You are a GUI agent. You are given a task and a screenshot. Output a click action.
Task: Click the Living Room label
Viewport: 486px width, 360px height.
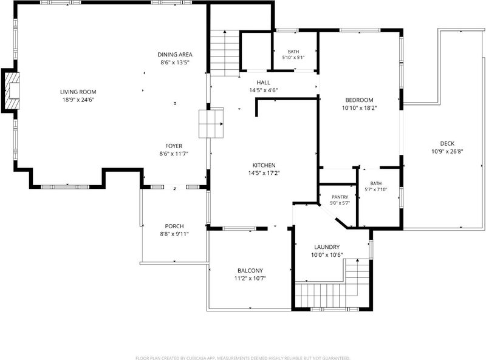click(x=78, y=92)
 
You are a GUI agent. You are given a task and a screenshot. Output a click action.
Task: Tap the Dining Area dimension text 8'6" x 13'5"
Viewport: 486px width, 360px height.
click(x=175, y=63)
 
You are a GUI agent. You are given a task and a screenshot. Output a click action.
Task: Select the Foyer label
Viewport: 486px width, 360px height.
click(x=174, y=146)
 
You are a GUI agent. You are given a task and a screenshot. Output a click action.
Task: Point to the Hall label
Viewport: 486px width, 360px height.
click(x=263, y=83)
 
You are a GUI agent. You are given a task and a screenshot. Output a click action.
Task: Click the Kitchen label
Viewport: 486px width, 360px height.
click(x=264, y=165)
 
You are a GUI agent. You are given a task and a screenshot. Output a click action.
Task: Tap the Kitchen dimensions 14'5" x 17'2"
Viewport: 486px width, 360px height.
click(x=264, y=173)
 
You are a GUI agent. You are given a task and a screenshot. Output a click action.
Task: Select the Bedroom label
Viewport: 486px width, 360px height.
click(x=359, y=100)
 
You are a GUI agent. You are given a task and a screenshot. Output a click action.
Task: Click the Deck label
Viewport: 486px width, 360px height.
click(x=447, y=143)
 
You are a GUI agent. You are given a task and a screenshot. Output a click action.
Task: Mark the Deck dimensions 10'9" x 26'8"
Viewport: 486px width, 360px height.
click(x=447, y=152)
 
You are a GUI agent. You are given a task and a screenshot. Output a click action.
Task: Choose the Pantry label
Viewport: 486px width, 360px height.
click(x=340, y=197)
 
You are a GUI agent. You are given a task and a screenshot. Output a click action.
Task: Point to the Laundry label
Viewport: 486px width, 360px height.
click(x=327, y=247)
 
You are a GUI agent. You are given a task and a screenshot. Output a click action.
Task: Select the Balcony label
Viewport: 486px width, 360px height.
click(x=250, y=271)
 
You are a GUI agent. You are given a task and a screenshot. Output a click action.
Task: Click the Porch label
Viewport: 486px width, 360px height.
click(x=174, y=226)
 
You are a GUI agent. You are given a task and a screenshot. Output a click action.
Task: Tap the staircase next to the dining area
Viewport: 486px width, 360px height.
click(x=224, y=53)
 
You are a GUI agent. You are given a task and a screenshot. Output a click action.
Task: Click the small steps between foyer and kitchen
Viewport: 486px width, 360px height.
click(x=211, y=124)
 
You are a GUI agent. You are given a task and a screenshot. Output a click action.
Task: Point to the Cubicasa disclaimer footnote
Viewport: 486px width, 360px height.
click(x=242, y=358)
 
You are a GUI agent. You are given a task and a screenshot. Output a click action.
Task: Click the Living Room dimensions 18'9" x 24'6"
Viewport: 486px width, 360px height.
click(x=78, y=100)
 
